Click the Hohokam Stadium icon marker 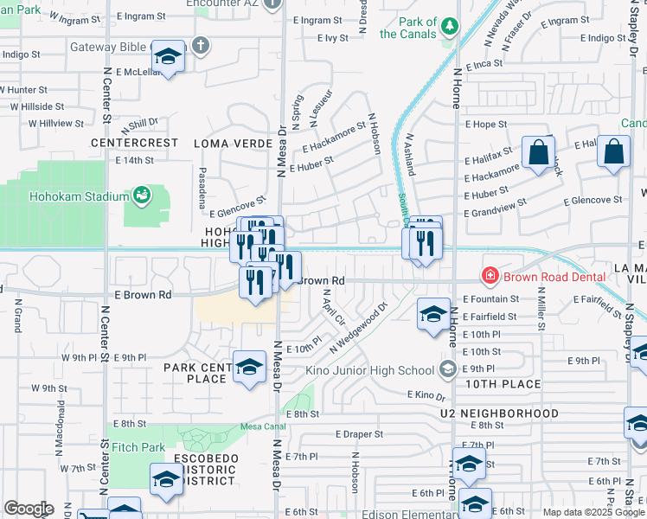click(x=140, y=196)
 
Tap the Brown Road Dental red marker click(x=490, y=276)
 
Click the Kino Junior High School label click(x=370, y=370)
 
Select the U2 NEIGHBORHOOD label click(x=498, y=413)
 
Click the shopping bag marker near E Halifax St click(x=538, y=152)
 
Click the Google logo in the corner click(x=29, y=509)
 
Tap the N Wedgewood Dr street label click(x=358, y=327)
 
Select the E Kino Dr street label click(x=426, y=395)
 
